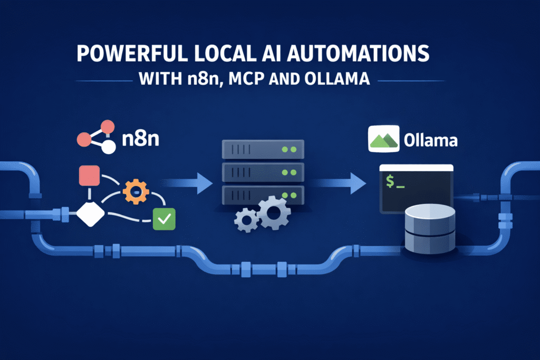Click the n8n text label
(x=140, y=142)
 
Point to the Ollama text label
(x=429, y=141)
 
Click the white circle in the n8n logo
(x=108, y=147)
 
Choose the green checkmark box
(x=163, y=219)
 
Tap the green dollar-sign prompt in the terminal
(x=394, y=182)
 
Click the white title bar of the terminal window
(x=417, y=167)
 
